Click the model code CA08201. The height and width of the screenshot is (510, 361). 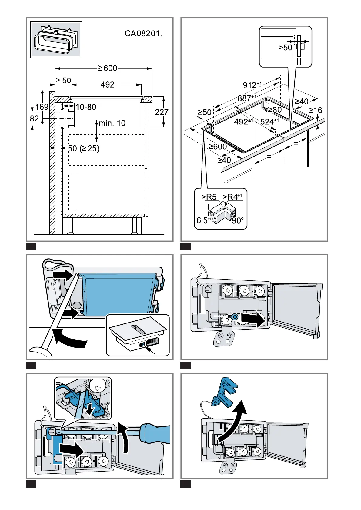pyautogui.click(x=143, y=34)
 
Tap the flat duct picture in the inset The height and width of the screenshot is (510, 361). pyautogui.click(x=56, y=40)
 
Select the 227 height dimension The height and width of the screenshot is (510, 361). pyautogui.click(x=162, y=112)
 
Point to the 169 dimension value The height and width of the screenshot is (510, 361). pyautogui.click(x=42, y=107)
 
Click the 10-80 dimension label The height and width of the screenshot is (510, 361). pyautogui.click(x=86, y=107)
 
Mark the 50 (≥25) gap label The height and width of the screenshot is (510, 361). pyautogui.click(x=84, y=148)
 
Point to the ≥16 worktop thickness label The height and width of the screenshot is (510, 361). pyautogui.click(x=315, y=110)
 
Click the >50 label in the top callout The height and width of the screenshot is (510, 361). pyautogui.click(x=285, y=48)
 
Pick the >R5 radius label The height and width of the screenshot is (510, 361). pyautogui.click(x=209, y=197)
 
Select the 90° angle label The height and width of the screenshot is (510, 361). pyautogui.click(x=238, y=220)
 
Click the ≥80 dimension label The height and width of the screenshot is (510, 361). pyautogui.click(x=275, y=110)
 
